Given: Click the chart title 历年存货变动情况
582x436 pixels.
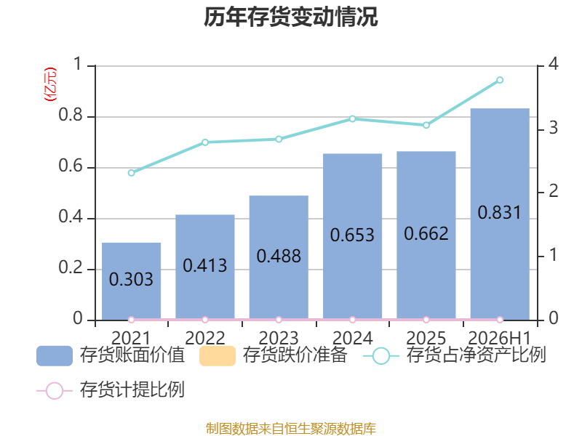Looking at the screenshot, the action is [x=290, y=17].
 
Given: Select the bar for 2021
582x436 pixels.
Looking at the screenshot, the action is [x=132, y=281].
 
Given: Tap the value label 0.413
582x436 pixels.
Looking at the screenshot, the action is [x=205, y=265].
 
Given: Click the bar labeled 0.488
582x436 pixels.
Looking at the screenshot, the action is [x=279, y=257].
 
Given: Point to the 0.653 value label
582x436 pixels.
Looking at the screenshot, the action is [x=352, y=235].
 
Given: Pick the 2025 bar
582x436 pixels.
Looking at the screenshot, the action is [x=426, y=235].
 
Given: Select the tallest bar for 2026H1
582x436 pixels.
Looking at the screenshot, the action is [x=500, y=214].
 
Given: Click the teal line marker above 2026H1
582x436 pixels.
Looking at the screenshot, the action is [x=500, y=80].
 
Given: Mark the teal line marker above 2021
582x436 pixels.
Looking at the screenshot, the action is [x=132, y=173].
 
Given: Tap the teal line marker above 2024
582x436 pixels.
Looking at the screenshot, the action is [x=353, y=119].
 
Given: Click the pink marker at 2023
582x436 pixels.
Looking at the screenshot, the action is [x=279, y=320].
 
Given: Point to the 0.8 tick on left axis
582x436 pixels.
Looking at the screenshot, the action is [x=71, y=116].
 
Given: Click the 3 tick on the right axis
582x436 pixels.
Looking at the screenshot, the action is [x=554, y=129].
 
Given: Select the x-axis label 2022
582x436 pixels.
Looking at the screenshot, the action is [x=205, y=338].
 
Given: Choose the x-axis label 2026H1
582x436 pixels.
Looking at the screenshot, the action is [x=500, y=338].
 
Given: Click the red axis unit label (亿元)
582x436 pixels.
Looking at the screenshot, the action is [x=50, y=84].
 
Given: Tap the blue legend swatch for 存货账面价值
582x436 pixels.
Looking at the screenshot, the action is [x=55, y=356].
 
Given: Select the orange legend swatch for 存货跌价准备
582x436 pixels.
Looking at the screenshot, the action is [x=218, y=356].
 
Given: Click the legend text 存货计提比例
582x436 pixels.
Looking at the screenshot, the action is [x=132, y=389].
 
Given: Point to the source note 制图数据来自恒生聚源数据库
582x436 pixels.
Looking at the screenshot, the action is [x=291, y=429].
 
